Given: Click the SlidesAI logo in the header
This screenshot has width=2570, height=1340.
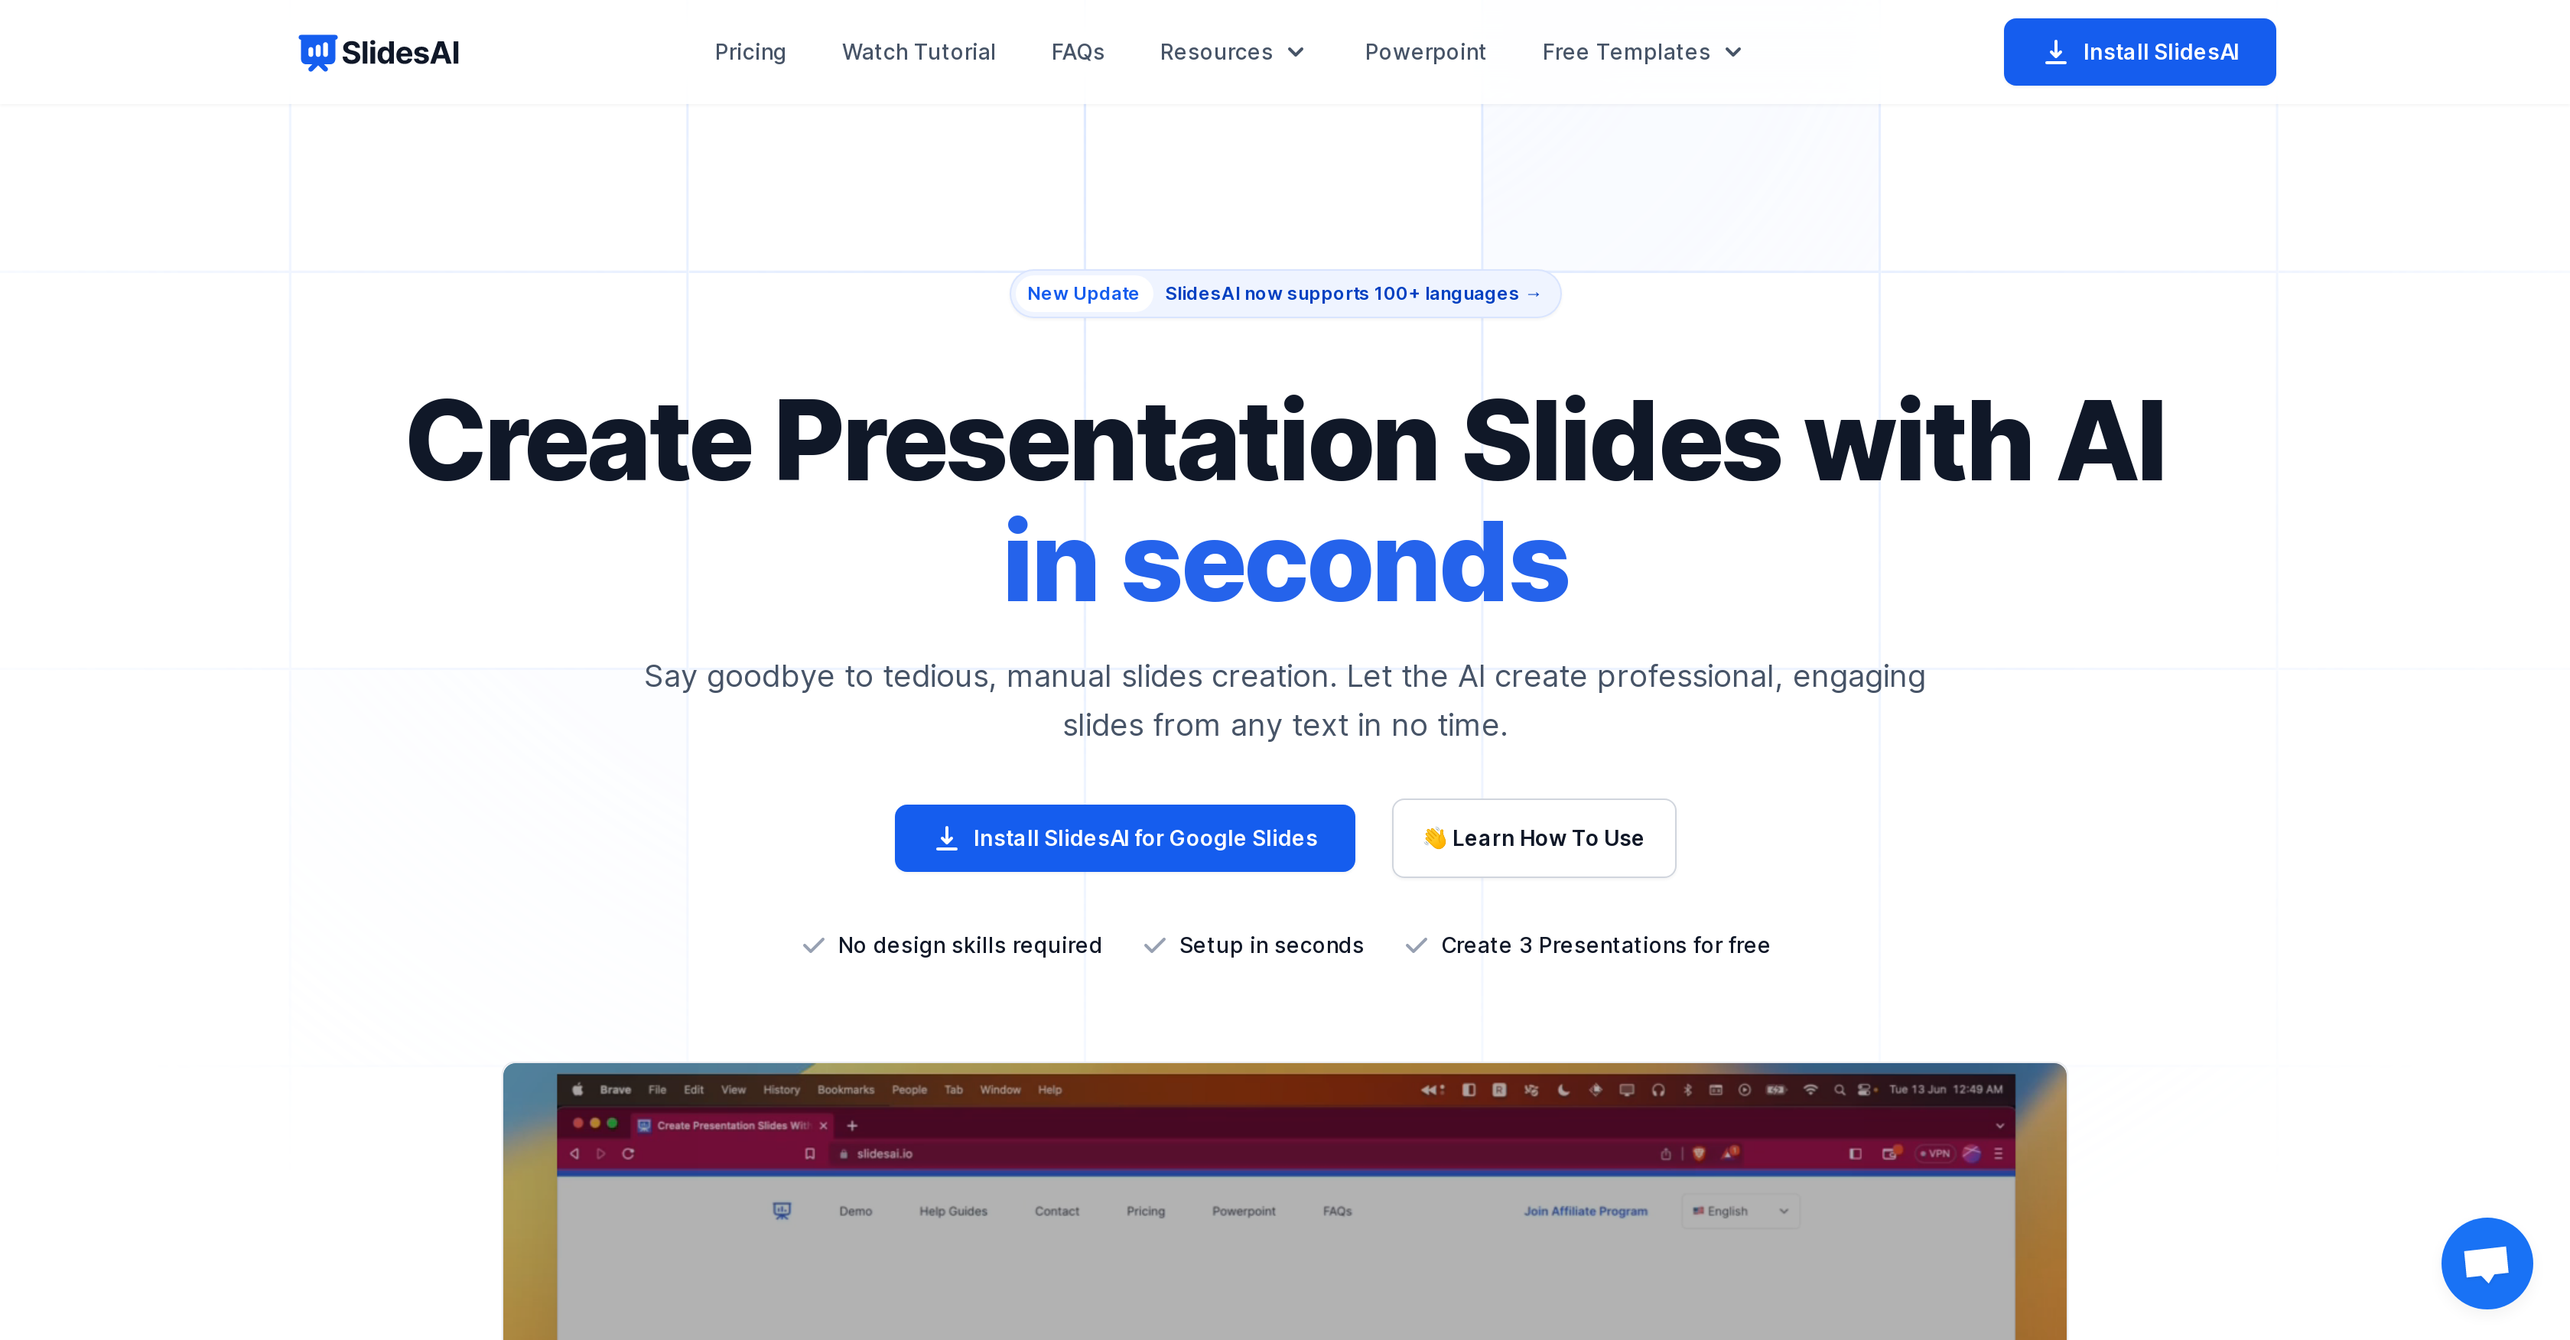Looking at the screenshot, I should click(379, 52).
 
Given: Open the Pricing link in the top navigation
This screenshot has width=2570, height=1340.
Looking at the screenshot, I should click(750, 52).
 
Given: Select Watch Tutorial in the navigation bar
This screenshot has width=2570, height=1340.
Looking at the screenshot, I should click(918, 52).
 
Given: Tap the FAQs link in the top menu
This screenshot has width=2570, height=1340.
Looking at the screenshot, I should click(1078, 52).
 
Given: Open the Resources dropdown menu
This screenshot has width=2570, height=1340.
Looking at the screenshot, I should click(1232, 52).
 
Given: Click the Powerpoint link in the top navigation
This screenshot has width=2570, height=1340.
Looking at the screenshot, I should click(1425, 52).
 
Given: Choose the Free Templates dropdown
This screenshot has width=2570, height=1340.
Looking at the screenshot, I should click(1641, 52).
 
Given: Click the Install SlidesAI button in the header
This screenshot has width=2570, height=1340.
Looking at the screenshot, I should click(2139, 52).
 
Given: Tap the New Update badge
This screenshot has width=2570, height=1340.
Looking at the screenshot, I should click(1082, 294).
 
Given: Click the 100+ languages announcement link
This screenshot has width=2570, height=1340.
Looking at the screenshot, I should click(1352, 294).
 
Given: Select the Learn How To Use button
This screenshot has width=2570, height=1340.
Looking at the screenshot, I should click(1534, 838).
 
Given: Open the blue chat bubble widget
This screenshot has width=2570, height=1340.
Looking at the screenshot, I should click(2486, 1264).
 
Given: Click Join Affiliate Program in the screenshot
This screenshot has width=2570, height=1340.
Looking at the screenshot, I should click(1586, 1212).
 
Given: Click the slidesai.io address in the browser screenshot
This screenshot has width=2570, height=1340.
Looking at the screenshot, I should click(884, 1153).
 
